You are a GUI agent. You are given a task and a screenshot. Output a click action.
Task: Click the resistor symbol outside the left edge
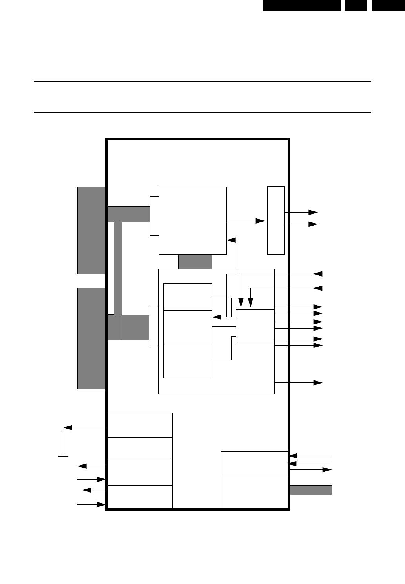point(62,442)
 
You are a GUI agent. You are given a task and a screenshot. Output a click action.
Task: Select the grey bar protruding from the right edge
point(311,490)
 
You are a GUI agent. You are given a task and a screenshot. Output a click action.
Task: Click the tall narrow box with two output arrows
point(275,220)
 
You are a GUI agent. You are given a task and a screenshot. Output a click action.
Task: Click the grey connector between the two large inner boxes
point(195,262)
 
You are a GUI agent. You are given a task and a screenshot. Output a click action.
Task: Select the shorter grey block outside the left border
point(91,230)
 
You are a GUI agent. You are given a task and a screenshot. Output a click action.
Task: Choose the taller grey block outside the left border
point(91,338)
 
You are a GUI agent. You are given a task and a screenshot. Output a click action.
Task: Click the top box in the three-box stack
point(188,297)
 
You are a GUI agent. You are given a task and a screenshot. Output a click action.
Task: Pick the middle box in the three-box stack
point(188,327)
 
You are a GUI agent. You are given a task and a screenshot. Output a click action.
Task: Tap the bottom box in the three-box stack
point(188,361)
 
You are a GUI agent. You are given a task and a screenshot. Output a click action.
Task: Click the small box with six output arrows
point(255,327)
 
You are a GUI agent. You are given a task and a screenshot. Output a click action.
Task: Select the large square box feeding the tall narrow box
point(193,220)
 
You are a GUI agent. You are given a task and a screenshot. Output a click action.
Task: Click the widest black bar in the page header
point(301,5)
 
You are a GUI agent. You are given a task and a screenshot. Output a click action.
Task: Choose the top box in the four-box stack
point(139,425)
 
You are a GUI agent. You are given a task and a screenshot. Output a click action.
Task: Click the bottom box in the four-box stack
point(139,497)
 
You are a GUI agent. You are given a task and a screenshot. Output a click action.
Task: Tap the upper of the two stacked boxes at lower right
point(255,463)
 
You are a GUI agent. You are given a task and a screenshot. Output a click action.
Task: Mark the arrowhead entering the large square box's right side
point(231,240)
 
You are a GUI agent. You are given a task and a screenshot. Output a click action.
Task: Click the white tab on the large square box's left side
point(154,216)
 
